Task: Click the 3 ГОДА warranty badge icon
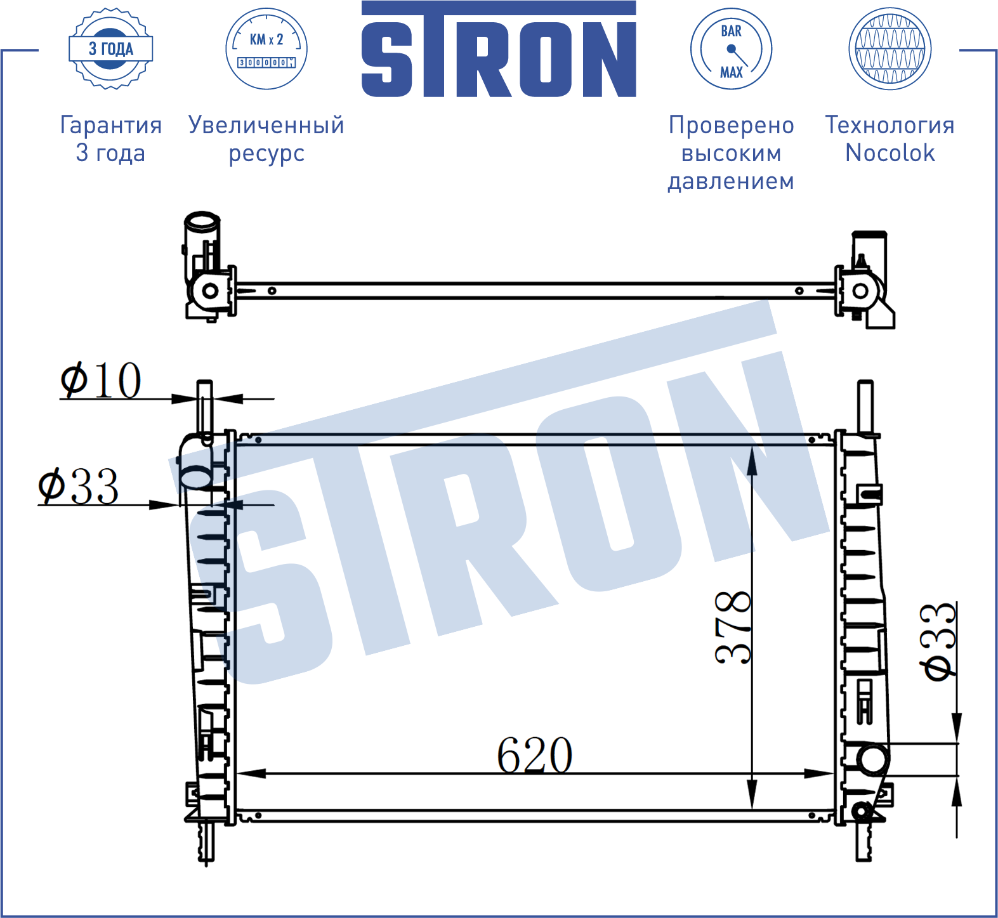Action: coord(110,49)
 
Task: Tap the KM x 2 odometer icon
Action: coord(266,49)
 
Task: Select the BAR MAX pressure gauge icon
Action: coord(731,49)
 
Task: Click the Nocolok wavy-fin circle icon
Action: coord(890,49)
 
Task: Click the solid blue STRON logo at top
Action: coord(499,49)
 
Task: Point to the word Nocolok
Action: coord(890,153)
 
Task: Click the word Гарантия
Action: coord(111,126)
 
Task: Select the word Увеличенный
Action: coord(266,126)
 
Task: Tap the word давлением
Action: coord(731,181)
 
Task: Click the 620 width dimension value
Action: coord(535,755)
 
